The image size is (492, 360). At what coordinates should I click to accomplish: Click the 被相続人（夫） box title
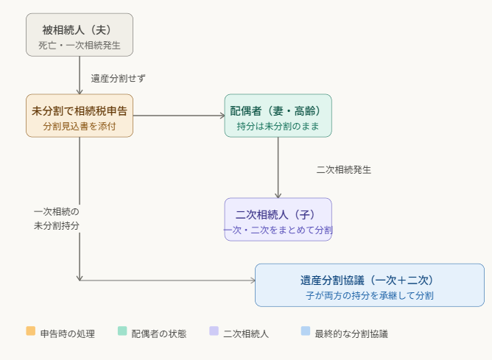coord(80,30)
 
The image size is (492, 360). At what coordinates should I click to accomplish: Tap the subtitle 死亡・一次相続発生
coord(80,46)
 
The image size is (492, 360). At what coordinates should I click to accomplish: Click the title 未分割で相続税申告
coord(80,111)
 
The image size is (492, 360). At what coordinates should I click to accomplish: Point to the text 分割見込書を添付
coord(80,127)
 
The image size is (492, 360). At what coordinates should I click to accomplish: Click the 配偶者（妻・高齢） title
coord(278,111)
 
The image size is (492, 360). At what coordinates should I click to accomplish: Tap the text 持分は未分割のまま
coord(278,127)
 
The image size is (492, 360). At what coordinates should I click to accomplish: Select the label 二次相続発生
coord(344,169)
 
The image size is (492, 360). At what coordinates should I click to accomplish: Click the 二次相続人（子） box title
coord(278,215)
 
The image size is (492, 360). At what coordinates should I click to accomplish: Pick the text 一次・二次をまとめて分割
coord(278,230)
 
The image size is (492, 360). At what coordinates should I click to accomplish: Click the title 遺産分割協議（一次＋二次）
coord(369,280)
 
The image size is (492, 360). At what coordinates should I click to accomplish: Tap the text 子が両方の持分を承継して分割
coord(369,296)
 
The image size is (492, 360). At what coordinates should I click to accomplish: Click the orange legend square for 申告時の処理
coord(30,331)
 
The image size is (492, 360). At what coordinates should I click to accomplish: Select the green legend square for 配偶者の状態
coord(122,331)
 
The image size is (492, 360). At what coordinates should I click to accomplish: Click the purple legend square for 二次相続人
coord(214,331)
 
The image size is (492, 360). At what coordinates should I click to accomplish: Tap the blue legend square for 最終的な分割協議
coord(306,331)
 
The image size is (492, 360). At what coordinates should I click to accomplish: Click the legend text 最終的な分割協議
coord(351,333)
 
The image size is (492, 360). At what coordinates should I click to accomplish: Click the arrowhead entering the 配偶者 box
coord(222,116)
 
